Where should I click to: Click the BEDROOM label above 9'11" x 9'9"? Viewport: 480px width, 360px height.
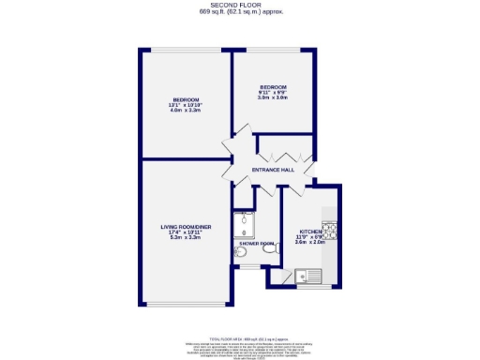point(272,87)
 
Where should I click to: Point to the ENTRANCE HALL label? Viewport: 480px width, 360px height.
point(274,170)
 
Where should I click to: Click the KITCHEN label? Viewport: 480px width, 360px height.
point(310,231)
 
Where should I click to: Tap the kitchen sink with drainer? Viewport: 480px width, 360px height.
point(307,277)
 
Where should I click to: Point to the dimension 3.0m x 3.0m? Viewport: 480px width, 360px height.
point(272,98)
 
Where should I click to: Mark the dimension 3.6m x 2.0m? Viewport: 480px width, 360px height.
point(310,242)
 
